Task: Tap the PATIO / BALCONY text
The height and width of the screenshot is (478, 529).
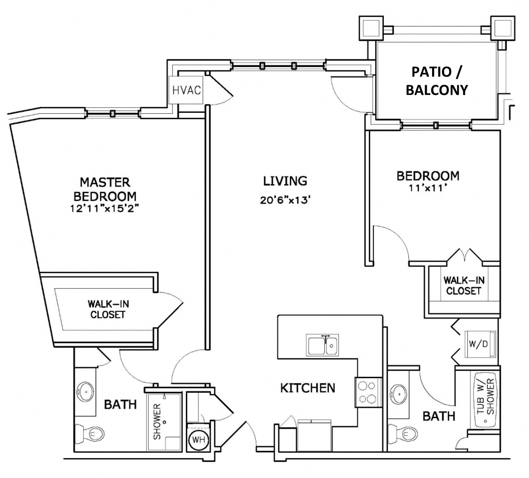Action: [436, 81]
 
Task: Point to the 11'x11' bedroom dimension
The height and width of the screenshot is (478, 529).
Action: [428, 188]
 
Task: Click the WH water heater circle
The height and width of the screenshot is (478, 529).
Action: [199, 440]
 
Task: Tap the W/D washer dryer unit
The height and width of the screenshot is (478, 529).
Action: [479, 344]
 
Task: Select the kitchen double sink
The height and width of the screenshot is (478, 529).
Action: [323, 345]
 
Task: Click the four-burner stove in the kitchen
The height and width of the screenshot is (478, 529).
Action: [368, 392]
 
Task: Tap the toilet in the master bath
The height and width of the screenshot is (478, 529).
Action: [88, 435]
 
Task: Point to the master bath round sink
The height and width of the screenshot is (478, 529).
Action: [86, 391]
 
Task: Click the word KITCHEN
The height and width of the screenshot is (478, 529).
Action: [307, 388]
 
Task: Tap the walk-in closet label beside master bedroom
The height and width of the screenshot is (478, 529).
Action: [107, 309]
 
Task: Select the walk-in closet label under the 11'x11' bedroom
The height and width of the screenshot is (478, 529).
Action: [463, 286]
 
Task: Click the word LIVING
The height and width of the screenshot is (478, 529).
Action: [285, 181]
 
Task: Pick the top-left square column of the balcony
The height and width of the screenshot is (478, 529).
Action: [371, 28]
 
